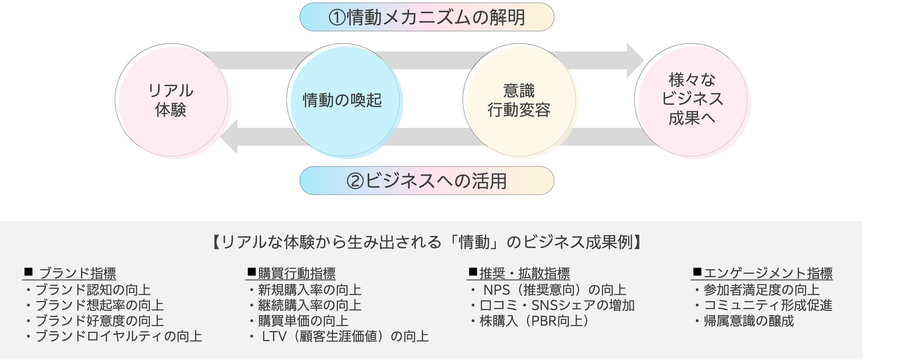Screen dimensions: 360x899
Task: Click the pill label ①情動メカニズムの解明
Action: tap(426, 18)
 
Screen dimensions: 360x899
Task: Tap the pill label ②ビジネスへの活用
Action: tap(426, 181)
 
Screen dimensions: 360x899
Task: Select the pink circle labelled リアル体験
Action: tap(171, 100)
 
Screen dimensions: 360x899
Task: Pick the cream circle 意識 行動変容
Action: tap(519, 100)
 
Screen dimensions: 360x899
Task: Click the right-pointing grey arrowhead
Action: tap(635, 60)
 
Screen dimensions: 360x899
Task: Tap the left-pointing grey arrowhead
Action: tap(230, 137)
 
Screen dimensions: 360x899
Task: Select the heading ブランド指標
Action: tap(70, 273)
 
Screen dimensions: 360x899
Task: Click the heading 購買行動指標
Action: tap(291, 273)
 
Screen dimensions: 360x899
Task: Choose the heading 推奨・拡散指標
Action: tap(519, 273)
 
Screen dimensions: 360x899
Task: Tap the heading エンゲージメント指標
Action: tap(763, 273)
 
